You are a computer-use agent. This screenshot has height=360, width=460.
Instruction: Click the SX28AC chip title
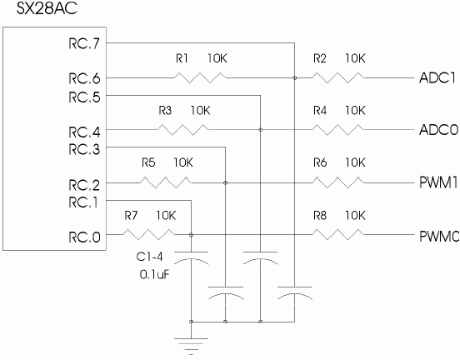[x=47, y=8]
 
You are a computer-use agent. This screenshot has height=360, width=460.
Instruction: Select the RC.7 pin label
[x=84, y=43]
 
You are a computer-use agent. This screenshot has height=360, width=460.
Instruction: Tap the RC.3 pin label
[x=84, y=149]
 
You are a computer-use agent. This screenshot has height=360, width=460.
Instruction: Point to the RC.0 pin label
[x=84, y=237]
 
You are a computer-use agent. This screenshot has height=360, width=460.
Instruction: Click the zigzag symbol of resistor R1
[x=200, y=77]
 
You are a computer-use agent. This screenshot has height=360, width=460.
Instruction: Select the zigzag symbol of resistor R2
[x=337, y=77]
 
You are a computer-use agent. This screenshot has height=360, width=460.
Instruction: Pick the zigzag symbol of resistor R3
[x=183, y=130]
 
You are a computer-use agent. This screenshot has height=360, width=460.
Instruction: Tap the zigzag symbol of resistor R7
[x=148, y=235]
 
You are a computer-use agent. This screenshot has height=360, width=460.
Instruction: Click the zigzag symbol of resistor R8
[x=337, y=235]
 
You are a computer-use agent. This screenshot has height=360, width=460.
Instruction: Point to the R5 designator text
[x=148, y=162]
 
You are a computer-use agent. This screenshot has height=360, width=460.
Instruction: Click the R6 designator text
[x=320, y=162]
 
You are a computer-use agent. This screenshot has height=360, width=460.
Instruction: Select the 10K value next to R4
[x=355, y=111]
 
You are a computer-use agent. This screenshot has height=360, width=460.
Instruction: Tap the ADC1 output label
[x=437, y=77]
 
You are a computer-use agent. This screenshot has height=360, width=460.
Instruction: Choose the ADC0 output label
[x=438, y=130]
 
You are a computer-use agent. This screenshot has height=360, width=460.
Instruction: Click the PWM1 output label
[x=438, y=182]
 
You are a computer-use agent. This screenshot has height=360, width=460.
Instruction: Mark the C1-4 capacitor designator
[x=149, y=257]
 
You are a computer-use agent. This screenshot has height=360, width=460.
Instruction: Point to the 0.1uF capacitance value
[x=155, y=275]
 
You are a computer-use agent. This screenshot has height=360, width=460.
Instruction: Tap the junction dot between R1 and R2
[x=295, y=77]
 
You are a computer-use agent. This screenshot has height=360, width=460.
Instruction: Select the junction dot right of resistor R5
[x=225, y=182]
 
